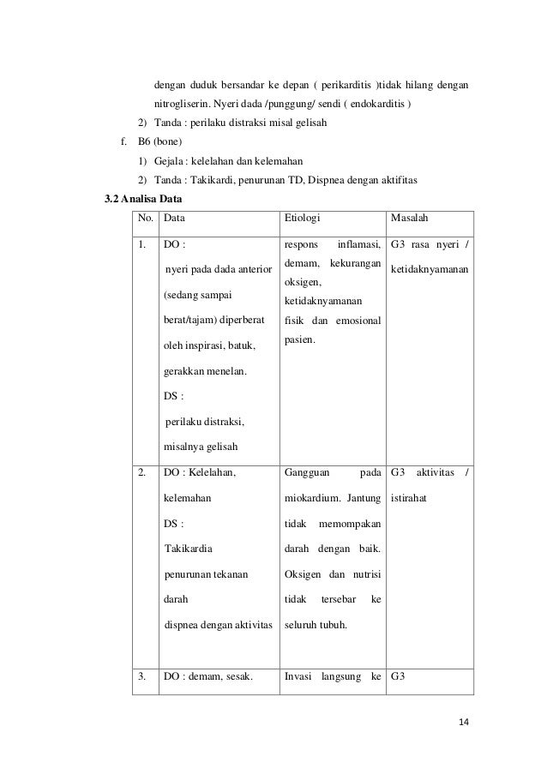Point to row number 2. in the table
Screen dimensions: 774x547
click(143, 471)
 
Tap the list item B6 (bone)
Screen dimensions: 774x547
click(160, 141)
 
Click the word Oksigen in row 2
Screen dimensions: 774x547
click(301, 573)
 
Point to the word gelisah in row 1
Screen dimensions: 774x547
click(221, 447)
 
